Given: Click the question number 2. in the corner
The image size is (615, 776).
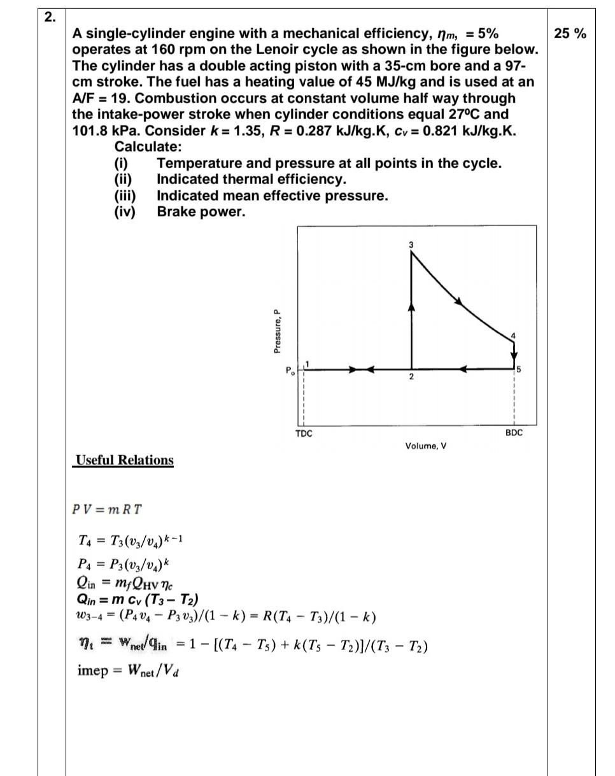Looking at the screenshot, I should pyautogui.click(x=50, y=17).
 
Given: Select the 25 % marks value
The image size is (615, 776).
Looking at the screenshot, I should pyautogui.click(x=570, y=34).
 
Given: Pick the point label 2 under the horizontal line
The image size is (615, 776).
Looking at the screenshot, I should pyautogui.click(x=411, y=377).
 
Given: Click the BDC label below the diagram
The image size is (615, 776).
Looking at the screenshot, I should pyautogui.click(x=514, y=433).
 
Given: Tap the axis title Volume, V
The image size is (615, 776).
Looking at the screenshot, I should pyautogui.click(x=425, y=446).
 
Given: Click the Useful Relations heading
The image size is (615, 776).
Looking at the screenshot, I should pyautogui.click(x=124, y=460).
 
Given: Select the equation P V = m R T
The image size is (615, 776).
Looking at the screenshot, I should pyautogui.click(x=107, y=510).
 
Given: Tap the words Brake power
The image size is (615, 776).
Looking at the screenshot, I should pyautogui.click(x=201, y=212).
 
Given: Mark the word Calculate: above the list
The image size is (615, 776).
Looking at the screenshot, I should pyautogui.click(x=148, y=147).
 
